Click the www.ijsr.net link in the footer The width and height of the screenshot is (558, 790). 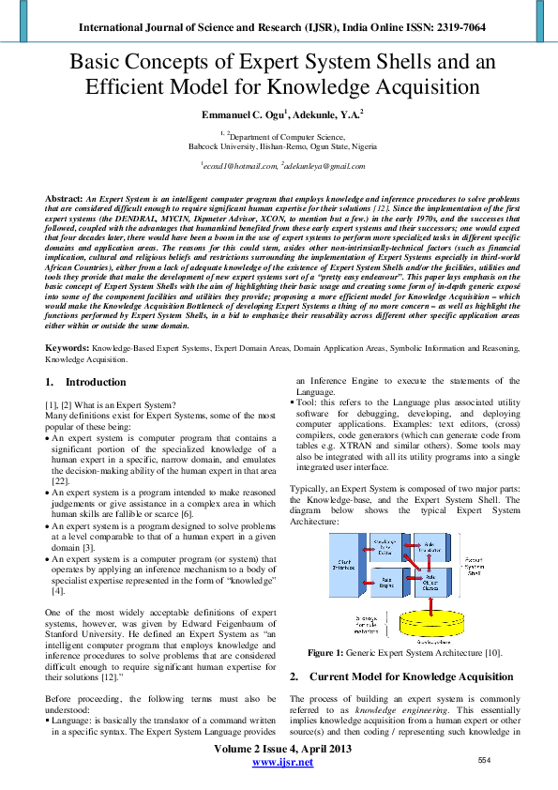click(x=278, y=764)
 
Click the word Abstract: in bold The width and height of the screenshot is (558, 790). click(x=64, y=200)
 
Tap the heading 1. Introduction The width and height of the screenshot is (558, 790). click(x=85, y=382)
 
